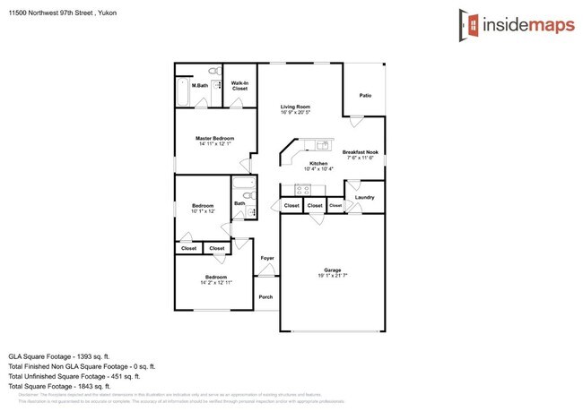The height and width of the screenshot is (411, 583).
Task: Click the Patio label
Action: click(365, 95)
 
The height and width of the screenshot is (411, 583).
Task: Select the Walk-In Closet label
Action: click(239, 87)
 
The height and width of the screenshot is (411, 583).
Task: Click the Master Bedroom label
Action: click(215, 138)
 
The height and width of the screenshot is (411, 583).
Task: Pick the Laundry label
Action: click(364, 197)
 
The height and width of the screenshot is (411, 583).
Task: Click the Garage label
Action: click(334, 270)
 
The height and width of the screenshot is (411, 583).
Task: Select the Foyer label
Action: click(266, 258)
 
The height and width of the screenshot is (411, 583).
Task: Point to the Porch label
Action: click(265, 296)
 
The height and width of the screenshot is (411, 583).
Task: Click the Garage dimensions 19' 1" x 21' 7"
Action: click(334, 277)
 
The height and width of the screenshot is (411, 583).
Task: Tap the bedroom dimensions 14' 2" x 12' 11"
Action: click(215, 283)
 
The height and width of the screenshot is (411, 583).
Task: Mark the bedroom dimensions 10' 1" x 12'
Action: click(203, 212)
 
